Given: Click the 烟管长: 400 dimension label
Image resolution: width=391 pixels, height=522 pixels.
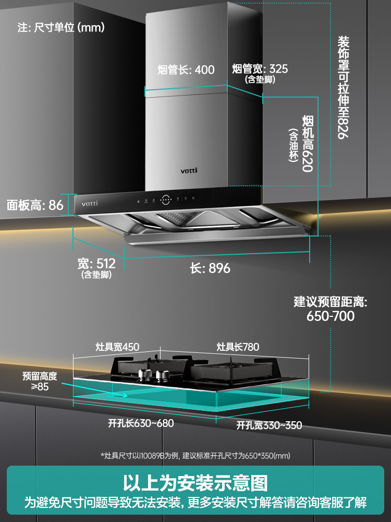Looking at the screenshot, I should [186, 70].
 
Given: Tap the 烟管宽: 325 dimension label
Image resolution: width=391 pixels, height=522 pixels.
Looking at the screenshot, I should [260, 69].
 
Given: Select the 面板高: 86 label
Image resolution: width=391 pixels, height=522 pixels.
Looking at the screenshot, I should [35, 205].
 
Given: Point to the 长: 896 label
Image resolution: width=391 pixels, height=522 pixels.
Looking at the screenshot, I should [210, 268].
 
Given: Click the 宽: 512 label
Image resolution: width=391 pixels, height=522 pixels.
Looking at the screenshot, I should [96, 264].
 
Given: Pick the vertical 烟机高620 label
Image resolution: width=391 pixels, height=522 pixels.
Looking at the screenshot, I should [309, 144].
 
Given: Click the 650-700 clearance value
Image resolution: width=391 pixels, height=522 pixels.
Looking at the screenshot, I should [330, 316].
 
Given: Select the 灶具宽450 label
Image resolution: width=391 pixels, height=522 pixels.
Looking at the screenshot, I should [117, 347].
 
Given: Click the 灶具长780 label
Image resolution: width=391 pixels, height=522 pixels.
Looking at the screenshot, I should [238, 347].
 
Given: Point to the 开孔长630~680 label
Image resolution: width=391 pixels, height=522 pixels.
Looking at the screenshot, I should [141, 423].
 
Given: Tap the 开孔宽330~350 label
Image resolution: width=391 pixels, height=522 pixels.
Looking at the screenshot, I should [269, 425].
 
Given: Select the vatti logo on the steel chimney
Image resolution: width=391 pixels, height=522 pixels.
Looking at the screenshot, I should [189, 170].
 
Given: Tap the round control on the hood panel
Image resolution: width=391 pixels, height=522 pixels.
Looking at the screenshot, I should [166, 199].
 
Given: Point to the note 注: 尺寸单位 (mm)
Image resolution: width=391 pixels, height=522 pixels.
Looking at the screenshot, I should [62, 28].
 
